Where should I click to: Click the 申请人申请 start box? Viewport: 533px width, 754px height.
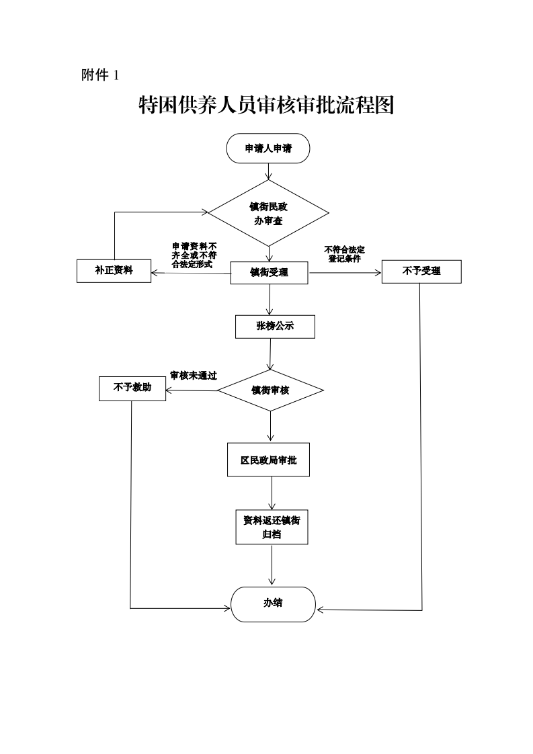tap(268, 149)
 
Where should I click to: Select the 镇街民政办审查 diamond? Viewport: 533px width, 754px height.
tap(269, 214)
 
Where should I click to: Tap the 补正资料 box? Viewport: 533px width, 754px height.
tap(114, 271)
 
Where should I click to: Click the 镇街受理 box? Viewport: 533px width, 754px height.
tap(269, 272)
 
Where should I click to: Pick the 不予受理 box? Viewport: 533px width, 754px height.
tap(421, 271)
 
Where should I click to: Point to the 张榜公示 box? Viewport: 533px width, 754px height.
tap(275, 327)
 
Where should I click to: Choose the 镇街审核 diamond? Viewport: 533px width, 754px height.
tap(270, 390)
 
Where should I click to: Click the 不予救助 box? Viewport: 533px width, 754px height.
tap(132, 388)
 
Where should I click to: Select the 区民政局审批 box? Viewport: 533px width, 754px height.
tap(269, 460)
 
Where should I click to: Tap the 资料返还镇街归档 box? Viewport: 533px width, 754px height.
tap(272, 527)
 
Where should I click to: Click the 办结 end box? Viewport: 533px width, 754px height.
tap(273, 603)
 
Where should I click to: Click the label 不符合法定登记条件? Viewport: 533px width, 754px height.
tap(344, 254)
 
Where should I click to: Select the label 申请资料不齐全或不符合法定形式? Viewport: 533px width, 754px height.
tap(194, 255)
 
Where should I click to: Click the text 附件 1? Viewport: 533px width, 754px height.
tap(100, 75)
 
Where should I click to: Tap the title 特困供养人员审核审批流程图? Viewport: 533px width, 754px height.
tap(266, 105)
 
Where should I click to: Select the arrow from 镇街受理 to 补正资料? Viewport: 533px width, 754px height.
tap(191, 273)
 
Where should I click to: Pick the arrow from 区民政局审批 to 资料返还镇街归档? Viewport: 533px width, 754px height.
tap(272, 493)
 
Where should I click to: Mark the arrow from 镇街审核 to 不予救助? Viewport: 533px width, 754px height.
tap(192, 390)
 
